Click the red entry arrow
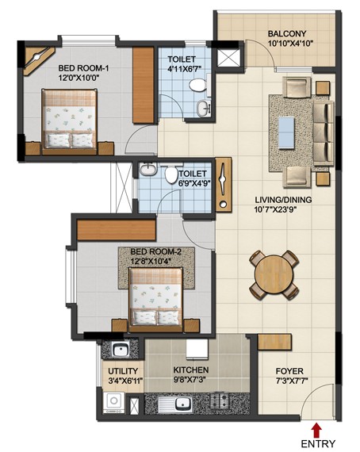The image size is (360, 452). [x=317, y=430]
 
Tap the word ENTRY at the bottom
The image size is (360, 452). [x=318, y=443]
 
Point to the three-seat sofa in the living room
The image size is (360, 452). [x=324, y=133]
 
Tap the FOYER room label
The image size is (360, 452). [x=289, y=371]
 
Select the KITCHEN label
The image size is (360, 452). [x=191, y=370]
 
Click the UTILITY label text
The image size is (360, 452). [x=123, y=371]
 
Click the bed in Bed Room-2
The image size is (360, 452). [x=156, y=300]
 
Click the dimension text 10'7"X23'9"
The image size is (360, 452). [x=275, y=209]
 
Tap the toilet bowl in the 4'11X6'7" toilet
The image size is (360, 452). [x=197, y=86]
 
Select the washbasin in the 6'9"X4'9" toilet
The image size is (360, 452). [x=147, y=169]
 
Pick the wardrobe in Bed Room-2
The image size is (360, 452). [x=117, y=230]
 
